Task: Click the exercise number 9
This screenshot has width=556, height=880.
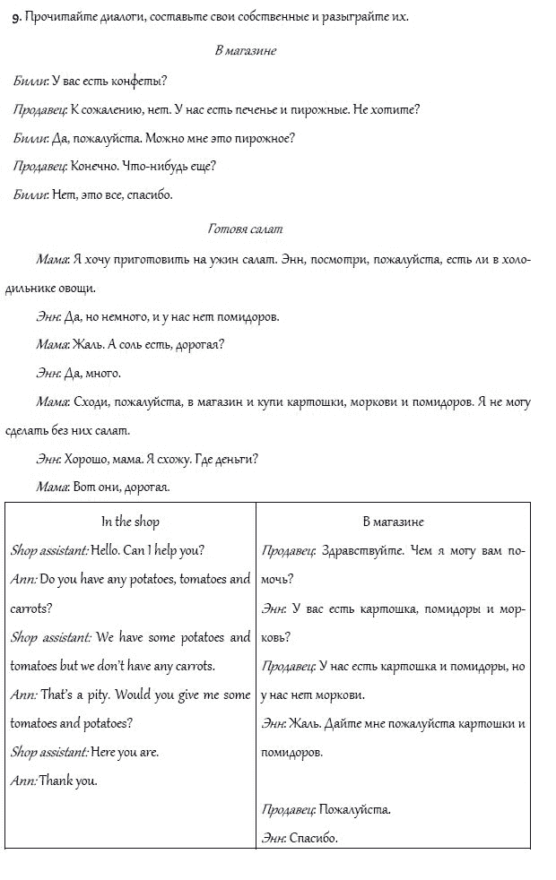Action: pyautogui.click(x=16, y=17)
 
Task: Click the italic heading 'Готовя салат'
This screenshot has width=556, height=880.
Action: pyautogui.click(x=245, y=229)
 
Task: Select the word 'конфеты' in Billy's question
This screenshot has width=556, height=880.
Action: pyautogui.click(x=141, y=81)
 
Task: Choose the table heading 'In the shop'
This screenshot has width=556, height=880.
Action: pyautogui.click(x=130, y=522)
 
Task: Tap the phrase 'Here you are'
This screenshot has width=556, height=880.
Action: pyautogui.click(x=125, y=752)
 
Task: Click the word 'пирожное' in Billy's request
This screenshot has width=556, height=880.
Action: pyautogui.click(x=268, y=138)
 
